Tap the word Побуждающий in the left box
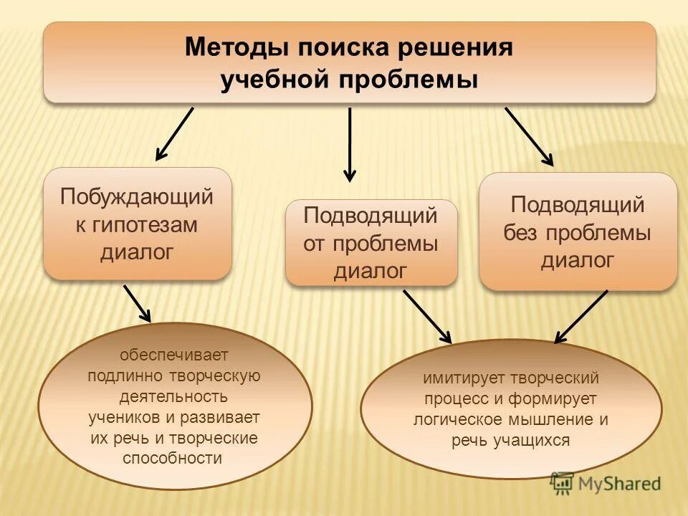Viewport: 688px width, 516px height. [x=137, y=196]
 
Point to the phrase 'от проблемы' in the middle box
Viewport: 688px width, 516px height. [x=371, y=243]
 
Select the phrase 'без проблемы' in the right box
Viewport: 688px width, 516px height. [x=577, y=232]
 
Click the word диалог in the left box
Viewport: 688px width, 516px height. [x=137, y=252]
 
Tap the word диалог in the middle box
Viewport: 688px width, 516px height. [x=371, y=271]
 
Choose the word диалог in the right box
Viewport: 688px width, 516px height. [x=577, y=260]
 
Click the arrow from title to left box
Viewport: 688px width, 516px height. [x=174, y=133]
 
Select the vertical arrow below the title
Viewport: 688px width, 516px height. [x=350, y=143]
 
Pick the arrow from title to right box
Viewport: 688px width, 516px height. [x=529, y=137]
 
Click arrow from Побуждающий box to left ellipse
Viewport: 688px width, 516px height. [x=137, y=303]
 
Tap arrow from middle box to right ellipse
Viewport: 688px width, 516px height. [x=427, y=316]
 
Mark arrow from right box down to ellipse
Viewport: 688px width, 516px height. [x=581, y=316]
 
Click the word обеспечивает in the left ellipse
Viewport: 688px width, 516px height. [x=174, y=355]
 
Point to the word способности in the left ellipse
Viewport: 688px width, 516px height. [x=173, y=458]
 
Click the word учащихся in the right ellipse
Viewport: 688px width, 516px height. [x=531, y=440]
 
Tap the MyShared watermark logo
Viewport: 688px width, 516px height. [x=606, y=483]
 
